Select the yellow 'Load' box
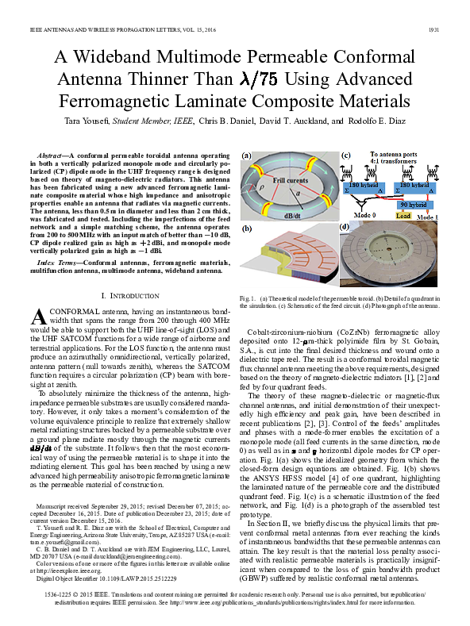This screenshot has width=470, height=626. pos(403,216)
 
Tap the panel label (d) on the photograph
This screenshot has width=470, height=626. pos(345,226)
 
